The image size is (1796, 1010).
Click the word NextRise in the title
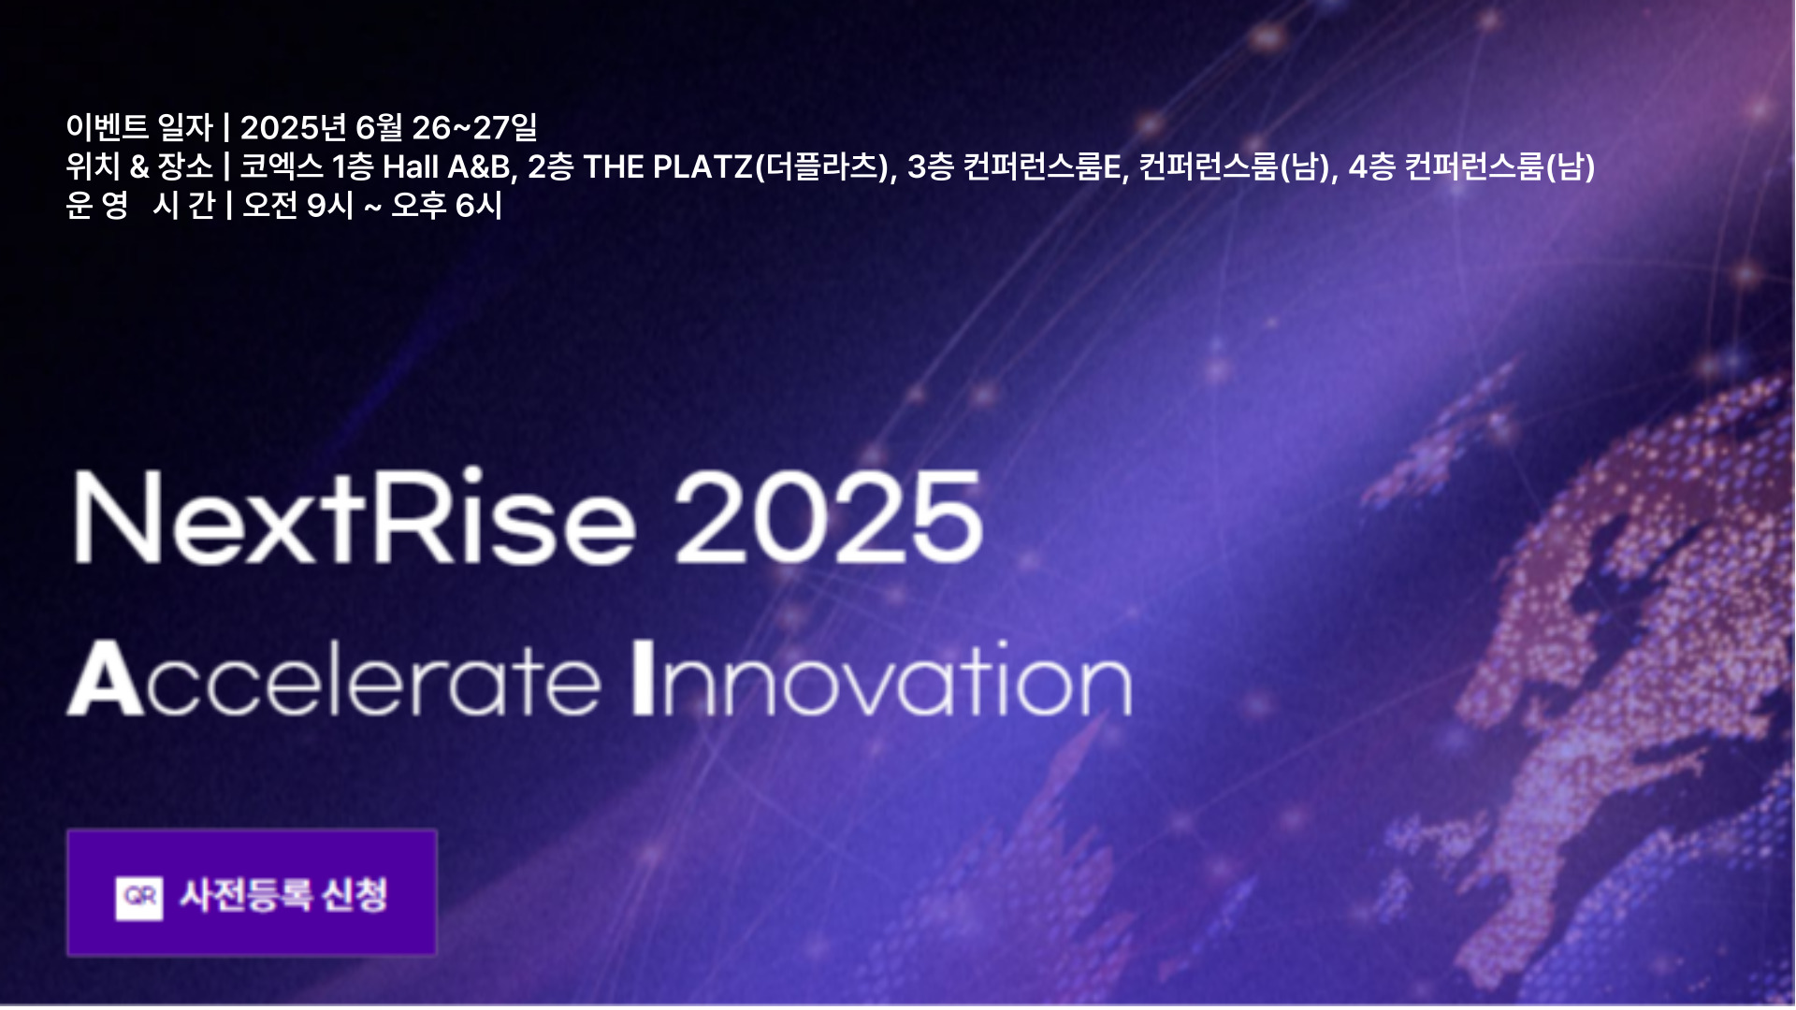[x=355, y=516]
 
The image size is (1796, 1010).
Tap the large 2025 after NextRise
[x=828, y=517]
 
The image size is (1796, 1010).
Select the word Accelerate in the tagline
[x=334, y=678]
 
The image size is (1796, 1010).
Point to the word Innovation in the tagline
[x=882, y=678]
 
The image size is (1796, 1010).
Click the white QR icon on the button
[x=139, y=897]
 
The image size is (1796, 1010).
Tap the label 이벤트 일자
[x=139, y=127]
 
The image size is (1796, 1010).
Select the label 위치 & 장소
[x=139, y=166]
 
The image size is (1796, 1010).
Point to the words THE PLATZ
[x=668, y=166]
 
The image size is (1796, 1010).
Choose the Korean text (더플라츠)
[x=821, y=166]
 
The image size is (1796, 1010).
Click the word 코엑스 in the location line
[x=282, y=166]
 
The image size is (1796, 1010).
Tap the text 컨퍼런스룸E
[x=1042, y=166]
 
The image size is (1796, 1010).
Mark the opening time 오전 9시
[x=297, y=205]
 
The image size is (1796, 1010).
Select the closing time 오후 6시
[x=446, y=205]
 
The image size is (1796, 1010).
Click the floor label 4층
[x=1371, y=166]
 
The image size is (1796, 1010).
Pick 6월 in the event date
[x=379, y=127]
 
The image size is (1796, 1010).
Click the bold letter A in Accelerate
[x=105, y=679]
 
